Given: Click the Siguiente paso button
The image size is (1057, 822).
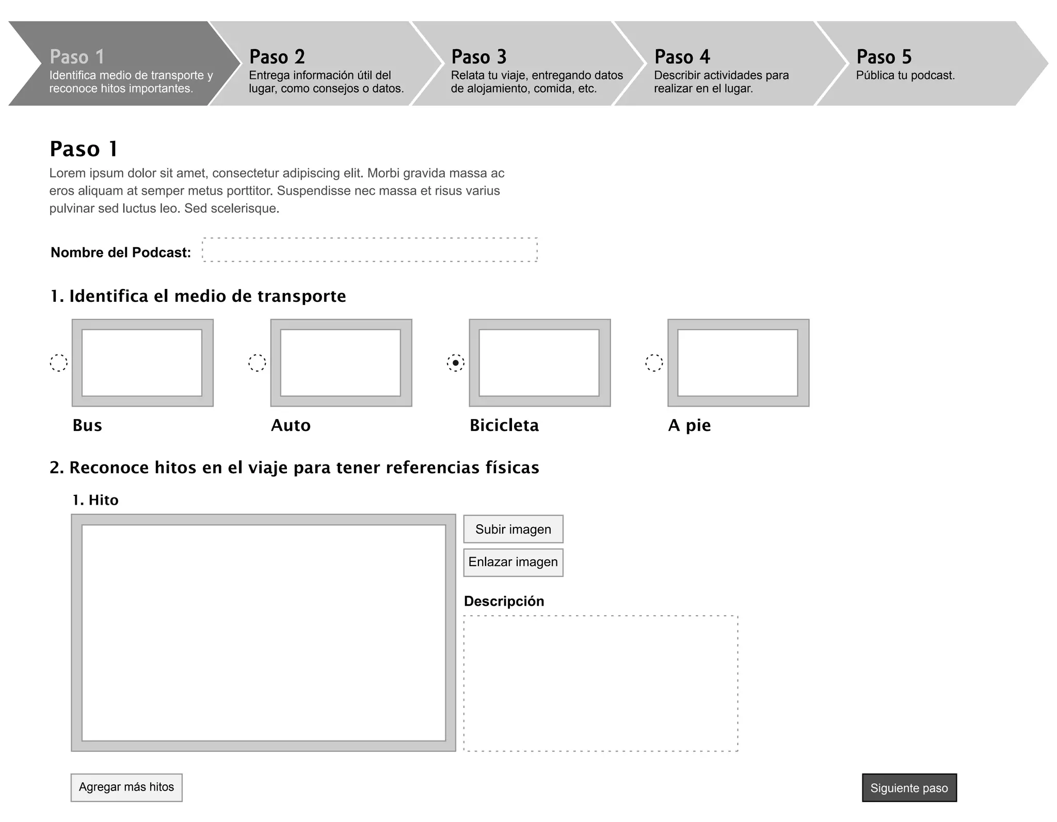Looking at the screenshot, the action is [909, 787].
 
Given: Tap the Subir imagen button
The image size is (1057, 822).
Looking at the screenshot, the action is [513, 529].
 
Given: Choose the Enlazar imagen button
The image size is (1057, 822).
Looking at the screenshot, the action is [513, 562].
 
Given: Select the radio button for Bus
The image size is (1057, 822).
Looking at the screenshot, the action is [59, 363].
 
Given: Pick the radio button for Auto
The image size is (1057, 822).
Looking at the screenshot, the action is [257, 363].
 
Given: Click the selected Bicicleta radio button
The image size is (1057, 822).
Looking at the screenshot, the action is [456, 363].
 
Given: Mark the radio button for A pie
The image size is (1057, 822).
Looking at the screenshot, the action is [654, 363].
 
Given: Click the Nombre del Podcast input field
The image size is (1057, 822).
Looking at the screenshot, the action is [370, 250].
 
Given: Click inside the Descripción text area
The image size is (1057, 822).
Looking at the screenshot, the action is [601, 683].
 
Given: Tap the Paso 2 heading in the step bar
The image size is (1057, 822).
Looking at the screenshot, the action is [277, 57].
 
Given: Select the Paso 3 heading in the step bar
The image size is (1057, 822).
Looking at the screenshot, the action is [479, 57].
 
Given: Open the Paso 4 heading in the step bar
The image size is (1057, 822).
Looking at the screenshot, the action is [682, 57].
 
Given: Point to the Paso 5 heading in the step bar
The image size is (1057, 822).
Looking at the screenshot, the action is [884, 57].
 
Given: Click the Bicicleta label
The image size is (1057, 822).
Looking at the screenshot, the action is [504, 425].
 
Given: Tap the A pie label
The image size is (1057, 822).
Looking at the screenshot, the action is [690, 425].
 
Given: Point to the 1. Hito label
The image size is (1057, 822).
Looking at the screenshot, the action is [95, 500].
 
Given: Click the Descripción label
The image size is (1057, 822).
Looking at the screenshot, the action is [504, 601].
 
